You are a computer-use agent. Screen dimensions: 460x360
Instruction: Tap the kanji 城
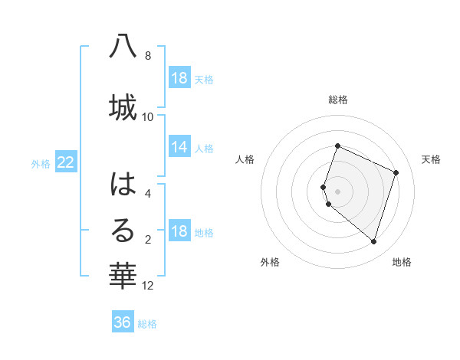click(123, 106)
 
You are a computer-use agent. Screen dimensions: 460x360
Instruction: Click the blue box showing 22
click(66, 162)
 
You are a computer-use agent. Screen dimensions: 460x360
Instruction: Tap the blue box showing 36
click(123, 322)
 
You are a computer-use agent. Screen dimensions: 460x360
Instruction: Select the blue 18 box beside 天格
click(179, 78)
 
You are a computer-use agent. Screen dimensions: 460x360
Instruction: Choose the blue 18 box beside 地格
click(179, 232)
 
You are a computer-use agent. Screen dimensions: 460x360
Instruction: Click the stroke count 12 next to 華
click(149, 286)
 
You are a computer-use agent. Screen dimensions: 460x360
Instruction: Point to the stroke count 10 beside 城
click(148, 116)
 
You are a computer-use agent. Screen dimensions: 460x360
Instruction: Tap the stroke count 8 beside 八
click(148, 56)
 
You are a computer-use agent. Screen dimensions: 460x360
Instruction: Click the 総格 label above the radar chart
click(338, 100)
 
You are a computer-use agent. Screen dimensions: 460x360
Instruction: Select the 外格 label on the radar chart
click(270, 262)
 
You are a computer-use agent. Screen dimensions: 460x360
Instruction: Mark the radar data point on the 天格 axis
click(396, 172)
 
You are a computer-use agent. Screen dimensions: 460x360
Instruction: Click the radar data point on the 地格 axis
click(373, 241)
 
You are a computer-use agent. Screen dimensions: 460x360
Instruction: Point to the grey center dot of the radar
click(338, 191)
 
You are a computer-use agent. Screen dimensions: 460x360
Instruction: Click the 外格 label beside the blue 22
click(41, 163)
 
